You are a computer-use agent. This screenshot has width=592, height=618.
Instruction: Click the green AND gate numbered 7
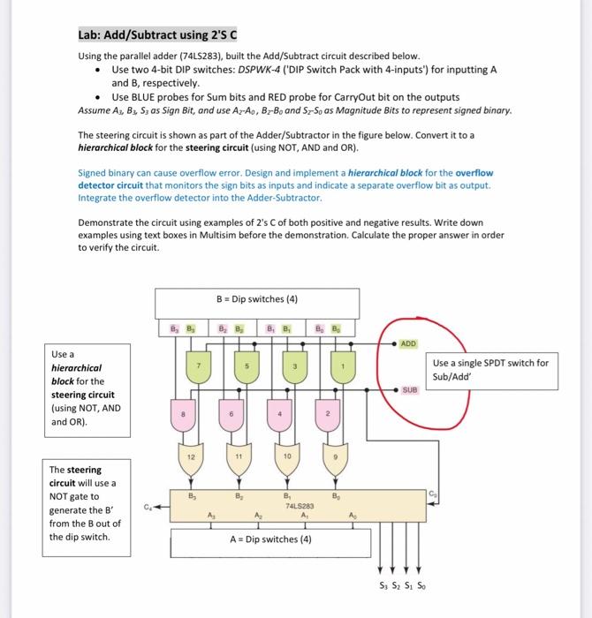[200, 366]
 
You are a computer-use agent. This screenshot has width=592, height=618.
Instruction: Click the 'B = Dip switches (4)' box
[257, 299]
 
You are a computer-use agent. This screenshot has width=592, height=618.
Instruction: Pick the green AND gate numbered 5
[247, 366]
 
